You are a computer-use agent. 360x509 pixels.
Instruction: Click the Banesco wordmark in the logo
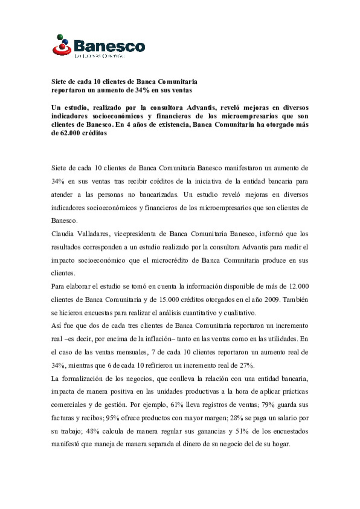pyautogui.click(x=109, y=46)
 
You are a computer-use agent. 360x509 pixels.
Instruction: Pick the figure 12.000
pyautogui.click(x=299, y=286)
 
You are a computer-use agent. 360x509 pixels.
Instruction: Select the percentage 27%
pyautogui.click(x=247, y=365)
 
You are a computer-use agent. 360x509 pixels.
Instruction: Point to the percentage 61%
pyautogui.click(x=177, y=405)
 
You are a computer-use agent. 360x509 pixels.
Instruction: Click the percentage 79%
pyautogui.click(x=268, y=405)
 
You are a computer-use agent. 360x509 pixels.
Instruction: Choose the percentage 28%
pyautogui.click(x=237, y=418)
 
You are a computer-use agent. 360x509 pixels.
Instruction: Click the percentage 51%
pyautogui.click(x=242, y=431)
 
